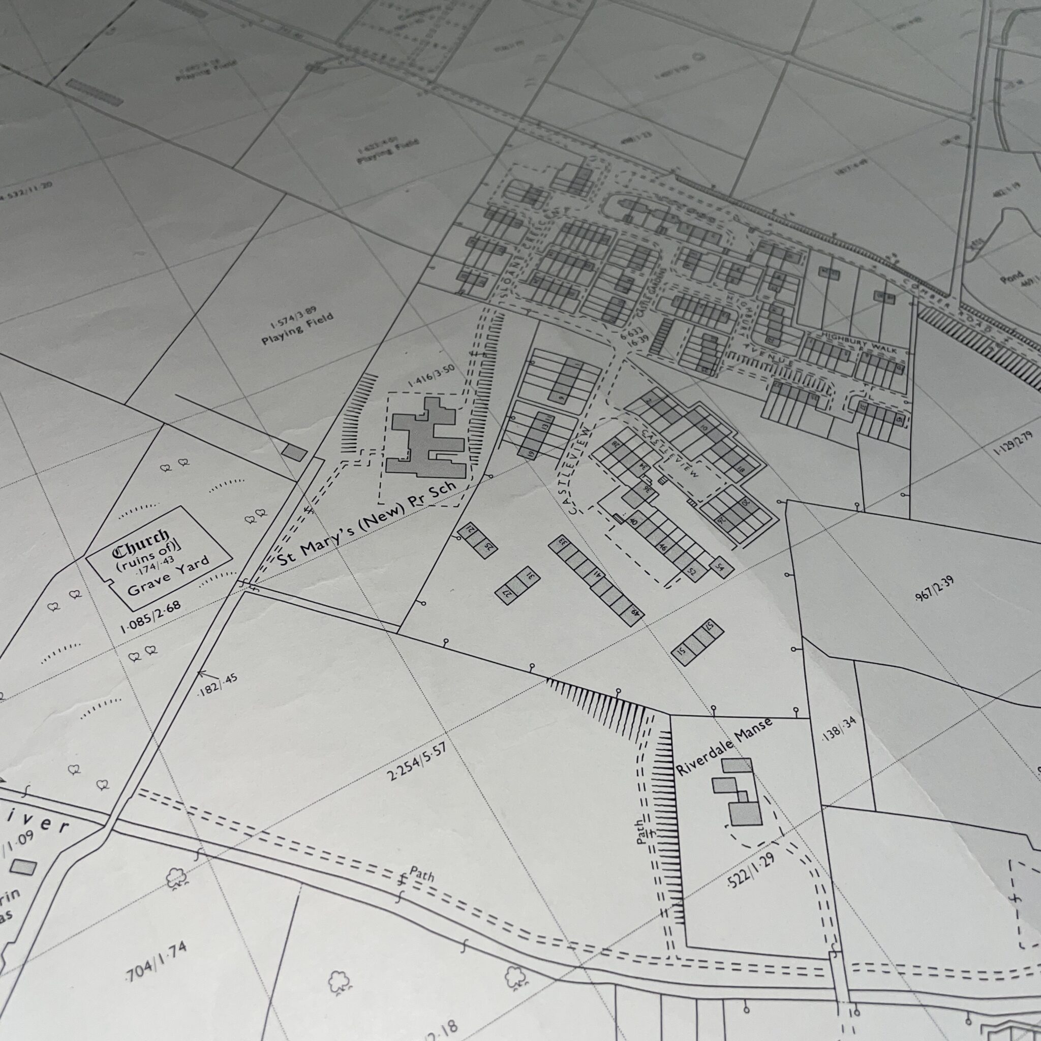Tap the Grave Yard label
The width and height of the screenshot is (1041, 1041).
tap(169, 577)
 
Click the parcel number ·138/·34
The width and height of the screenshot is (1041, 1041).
tap(840, 730)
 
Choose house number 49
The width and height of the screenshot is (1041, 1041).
tap(636, 613)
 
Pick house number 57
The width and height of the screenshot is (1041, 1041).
tap(710, 627)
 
